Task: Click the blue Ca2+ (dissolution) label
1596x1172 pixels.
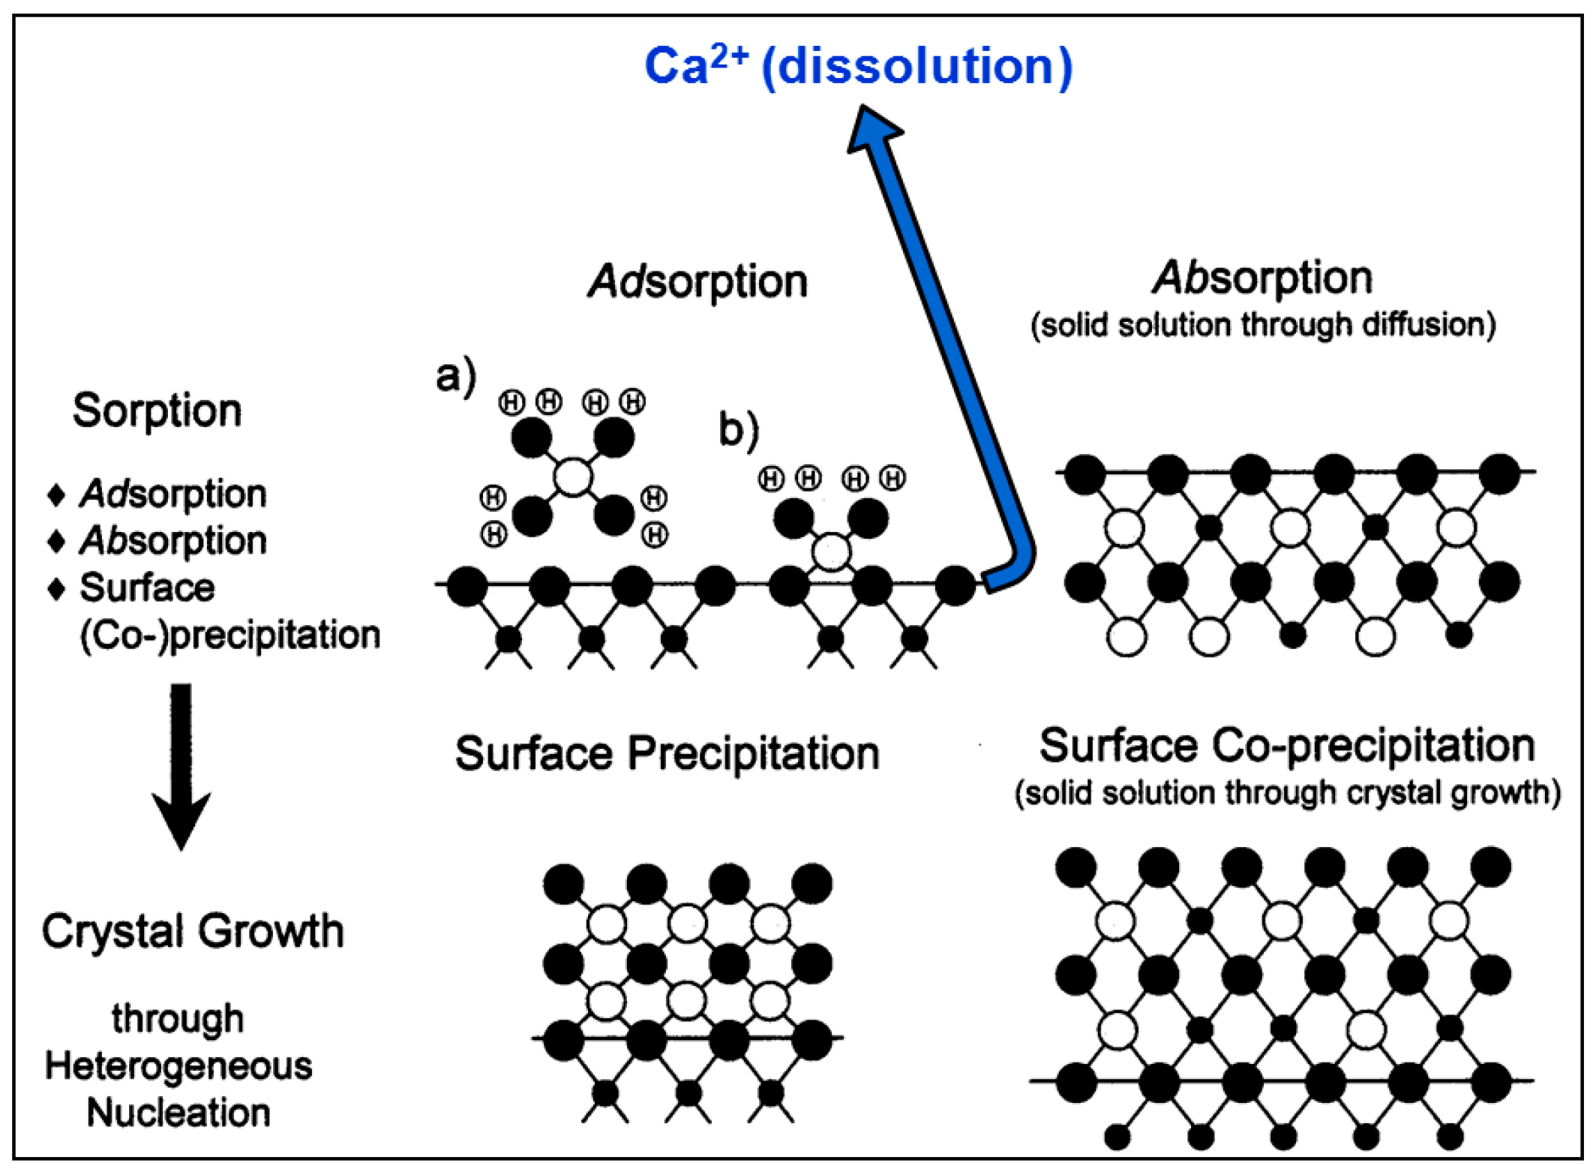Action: click(x=858, y=66)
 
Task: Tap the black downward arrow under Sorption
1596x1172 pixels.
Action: click(x=181, y=765)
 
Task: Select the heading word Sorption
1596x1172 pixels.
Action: click(x=157, y=410)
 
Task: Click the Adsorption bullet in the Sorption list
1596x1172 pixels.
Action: click(x=172, y=494)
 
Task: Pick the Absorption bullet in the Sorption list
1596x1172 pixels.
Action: click(x=172, y=540)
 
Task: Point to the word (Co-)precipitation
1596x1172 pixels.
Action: click(x=229, y=635)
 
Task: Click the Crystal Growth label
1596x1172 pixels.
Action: click(x=193, y=931)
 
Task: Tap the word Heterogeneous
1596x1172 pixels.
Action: click(x=178, y=1066)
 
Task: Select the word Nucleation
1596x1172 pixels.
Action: click(x=178, y=1112)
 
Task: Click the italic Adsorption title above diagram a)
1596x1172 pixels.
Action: click(x=697, y=282)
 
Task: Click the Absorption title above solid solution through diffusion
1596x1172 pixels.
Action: click(x=1262, y=278)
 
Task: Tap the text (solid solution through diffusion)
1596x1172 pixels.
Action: click(x=1263, y=326)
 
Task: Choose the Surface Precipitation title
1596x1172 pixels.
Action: click(x=667, y=753)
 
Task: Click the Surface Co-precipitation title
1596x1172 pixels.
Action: click(x=1287, y=746)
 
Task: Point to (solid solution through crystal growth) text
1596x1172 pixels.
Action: click(x=1287, y=793)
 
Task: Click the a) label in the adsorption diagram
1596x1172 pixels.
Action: click(x=455, y=376)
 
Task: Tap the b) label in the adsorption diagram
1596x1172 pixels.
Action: click(x=738, y=430)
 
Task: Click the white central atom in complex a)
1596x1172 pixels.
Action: click(x=573, y=476)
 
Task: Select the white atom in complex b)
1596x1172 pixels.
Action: click(x=831, y=553)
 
